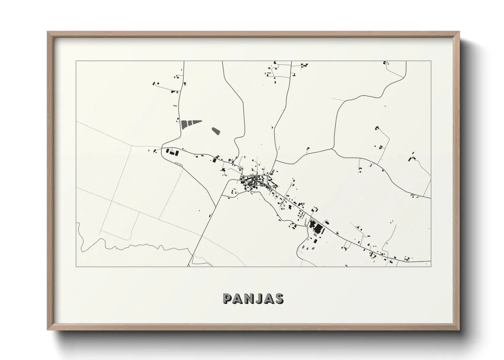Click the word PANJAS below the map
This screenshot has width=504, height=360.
pos(253,298)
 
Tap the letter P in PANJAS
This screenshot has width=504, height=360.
pos(227,298)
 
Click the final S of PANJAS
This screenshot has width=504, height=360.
pos(279,298)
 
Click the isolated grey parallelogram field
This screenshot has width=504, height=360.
pos(216,131)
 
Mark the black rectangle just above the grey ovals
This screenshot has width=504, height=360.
pos(315,241)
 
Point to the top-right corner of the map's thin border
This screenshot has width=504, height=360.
pos(431,61)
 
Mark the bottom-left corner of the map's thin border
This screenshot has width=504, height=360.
pos(76,266)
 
